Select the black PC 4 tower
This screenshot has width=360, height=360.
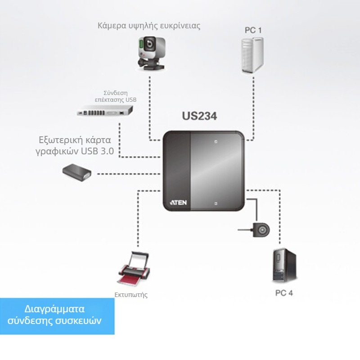point(284,265)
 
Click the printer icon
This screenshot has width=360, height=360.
point(133,270)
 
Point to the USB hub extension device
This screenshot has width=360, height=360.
point(105,110)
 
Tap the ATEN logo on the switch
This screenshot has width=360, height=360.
point(178,203)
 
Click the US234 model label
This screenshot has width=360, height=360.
point(199,116)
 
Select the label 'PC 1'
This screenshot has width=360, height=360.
point(253,30)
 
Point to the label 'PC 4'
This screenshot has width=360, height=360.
point(284,293)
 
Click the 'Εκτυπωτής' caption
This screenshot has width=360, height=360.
point(131,295)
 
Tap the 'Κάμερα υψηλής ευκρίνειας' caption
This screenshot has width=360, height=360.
point(149,26)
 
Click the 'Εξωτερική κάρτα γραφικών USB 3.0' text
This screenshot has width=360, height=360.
point(75,145)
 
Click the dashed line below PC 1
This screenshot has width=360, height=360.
point(253,103)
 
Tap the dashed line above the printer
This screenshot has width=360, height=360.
point(138,220)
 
